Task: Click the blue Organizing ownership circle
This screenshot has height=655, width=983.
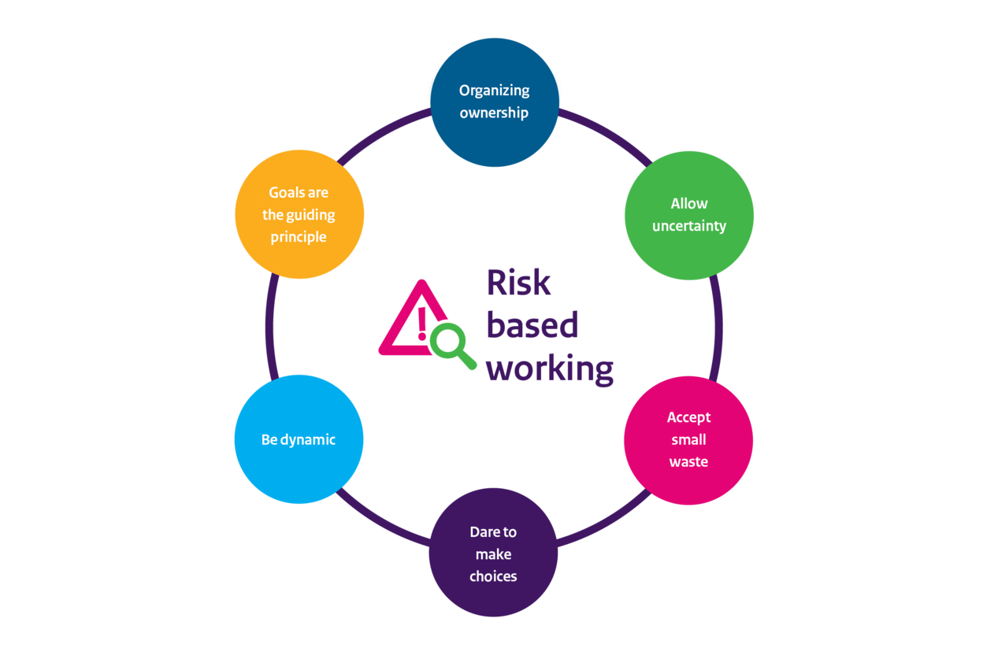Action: tap(494, 102)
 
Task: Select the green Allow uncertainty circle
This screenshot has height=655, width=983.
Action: tap(689, 215)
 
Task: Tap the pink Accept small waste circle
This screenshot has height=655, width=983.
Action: tap(688, 440)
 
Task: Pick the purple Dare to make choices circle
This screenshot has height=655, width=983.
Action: tap(493, 553)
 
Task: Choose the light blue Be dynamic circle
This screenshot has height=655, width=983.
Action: tap(299, 439)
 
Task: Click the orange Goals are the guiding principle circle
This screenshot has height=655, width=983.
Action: tap(299, 214)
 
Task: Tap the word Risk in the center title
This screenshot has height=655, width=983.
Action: tap(518, 283)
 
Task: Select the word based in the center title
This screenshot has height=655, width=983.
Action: tap(532, 324)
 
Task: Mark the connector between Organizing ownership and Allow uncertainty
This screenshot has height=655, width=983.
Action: tap(605, 135)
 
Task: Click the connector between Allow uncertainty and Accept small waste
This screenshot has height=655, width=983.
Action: tap(717, 327)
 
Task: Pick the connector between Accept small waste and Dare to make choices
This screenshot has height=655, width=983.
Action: tap(605, 520)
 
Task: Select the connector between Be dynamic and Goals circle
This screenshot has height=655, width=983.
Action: tap(271, 327)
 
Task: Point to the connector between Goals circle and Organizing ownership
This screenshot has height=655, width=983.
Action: tap(384, 134)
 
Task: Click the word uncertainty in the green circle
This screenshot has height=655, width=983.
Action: tap(689, 226)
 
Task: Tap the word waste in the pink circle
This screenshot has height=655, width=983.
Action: tap(688, 462)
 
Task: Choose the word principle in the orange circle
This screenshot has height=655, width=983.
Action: tap(299, 237)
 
